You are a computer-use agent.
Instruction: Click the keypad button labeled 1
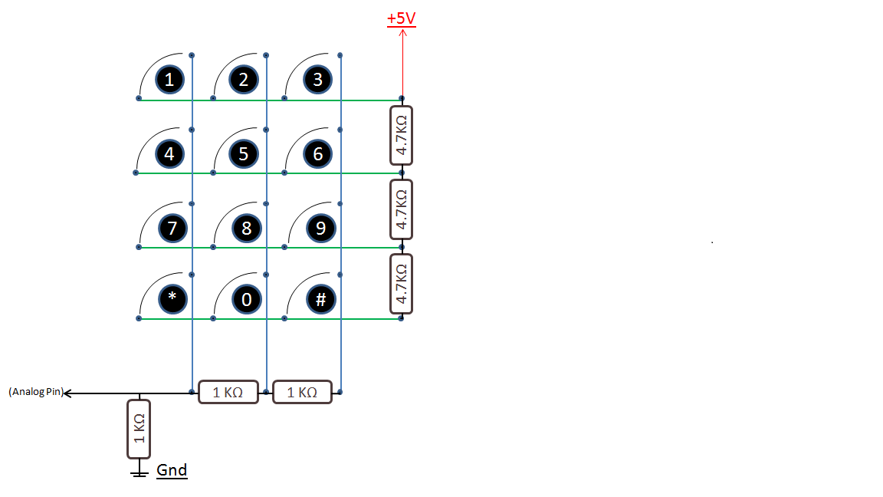(169, 79)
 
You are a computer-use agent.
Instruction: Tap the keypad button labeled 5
(244, 153)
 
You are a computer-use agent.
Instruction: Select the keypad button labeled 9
(320, 228)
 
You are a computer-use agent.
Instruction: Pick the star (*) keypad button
(172, 298)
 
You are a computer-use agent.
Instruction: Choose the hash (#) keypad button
(320, 298)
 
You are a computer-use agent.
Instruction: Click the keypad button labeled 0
(246, 298)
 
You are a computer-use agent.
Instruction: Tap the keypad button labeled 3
(317, 79)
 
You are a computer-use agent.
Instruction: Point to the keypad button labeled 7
(172, 228)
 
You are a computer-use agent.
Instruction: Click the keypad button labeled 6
(317, 153)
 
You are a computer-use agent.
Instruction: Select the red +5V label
(402, 18)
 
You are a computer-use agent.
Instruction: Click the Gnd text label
(172, 470)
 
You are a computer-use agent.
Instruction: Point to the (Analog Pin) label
(35, 391)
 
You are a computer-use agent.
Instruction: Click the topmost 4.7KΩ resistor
(401, 135)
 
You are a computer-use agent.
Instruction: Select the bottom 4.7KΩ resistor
(401, 284)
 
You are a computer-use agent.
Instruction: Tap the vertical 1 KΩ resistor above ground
(139, 429)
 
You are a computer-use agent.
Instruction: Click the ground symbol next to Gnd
(139, 472)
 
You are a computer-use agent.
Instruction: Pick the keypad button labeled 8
(246, 228)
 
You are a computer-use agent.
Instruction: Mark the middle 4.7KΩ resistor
(401, 209)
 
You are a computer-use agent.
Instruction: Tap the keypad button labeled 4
(169, 153)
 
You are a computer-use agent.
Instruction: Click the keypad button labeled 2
(244, 79)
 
